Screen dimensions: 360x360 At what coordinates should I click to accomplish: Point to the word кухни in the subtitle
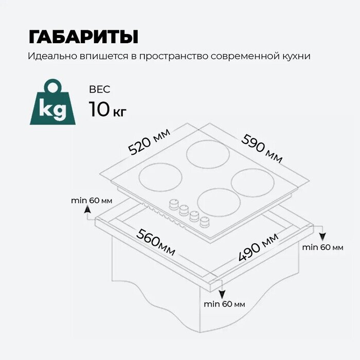click(x=295, y=56)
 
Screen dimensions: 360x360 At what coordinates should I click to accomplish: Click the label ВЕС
click(x=99, y=89)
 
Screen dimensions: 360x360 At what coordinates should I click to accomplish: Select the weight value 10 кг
click(x=107, y=109)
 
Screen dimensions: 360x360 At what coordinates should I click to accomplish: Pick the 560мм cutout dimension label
click(x=156, y=241)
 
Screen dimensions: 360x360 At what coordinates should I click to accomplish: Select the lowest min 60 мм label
click(x=224, y=304)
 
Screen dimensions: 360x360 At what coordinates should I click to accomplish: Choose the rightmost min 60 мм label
click(x=322, y=247)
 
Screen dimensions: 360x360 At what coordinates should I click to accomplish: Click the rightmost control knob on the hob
click(x=206, y=222)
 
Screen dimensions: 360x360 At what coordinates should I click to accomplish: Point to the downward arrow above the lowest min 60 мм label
click(x=222, y=293)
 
